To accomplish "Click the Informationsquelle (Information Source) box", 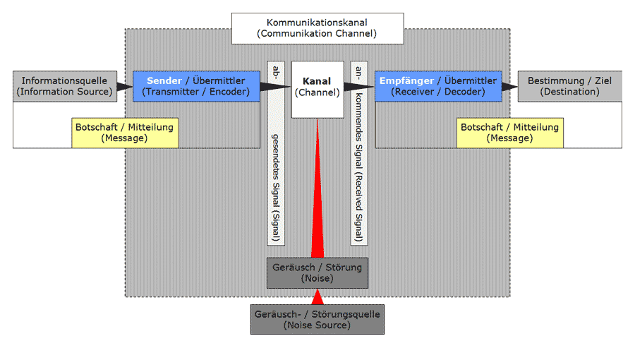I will (64, 86).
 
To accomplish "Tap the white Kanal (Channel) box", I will (317, 89).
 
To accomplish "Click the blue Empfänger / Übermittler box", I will (438, 86).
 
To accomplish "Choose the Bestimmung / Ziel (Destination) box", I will (569, 86).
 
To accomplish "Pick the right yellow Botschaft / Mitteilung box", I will (509, 133).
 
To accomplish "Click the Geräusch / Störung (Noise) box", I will (317, 272).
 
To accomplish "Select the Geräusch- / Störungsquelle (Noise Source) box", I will (317, 319).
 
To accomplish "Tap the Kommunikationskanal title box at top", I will (317, 28).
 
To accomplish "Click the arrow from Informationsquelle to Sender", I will (123, 87).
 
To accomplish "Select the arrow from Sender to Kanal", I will (275, 88).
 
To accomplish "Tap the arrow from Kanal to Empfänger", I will (359, 88).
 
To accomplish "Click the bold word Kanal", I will (317, 82).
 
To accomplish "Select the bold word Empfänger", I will (406, 81).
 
